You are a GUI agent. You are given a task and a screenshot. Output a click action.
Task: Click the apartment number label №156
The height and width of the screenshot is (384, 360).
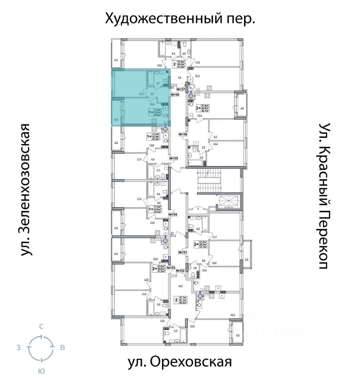click(174, 95)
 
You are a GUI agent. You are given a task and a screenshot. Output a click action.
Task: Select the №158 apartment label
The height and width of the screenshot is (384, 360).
click(183, 134)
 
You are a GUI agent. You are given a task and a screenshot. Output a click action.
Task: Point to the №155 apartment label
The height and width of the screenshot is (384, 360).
click(173, 158)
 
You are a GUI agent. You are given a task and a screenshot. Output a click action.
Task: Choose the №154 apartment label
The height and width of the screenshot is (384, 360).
click(173, 215)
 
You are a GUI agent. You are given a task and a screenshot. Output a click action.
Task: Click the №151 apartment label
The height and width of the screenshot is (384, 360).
click(183, 252)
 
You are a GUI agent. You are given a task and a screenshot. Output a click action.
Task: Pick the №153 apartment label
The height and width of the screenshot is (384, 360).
click(171, 268)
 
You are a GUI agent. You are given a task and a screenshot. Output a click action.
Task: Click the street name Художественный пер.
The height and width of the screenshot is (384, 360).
click(180, 18)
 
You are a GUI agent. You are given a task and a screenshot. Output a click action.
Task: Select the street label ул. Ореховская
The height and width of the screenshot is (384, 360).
click(180, 362)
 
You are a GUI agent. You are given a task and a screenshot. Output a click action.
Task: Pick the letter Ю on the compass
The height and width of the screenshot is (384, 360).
click(41, 371)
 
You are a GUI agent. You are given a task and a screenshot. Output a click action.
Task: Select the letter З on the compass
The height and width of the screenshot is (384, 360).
click(18, 348)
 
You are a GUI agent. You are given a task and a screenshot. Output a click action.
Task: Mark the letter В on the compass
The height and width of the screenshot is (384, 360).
click(62, 348)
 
